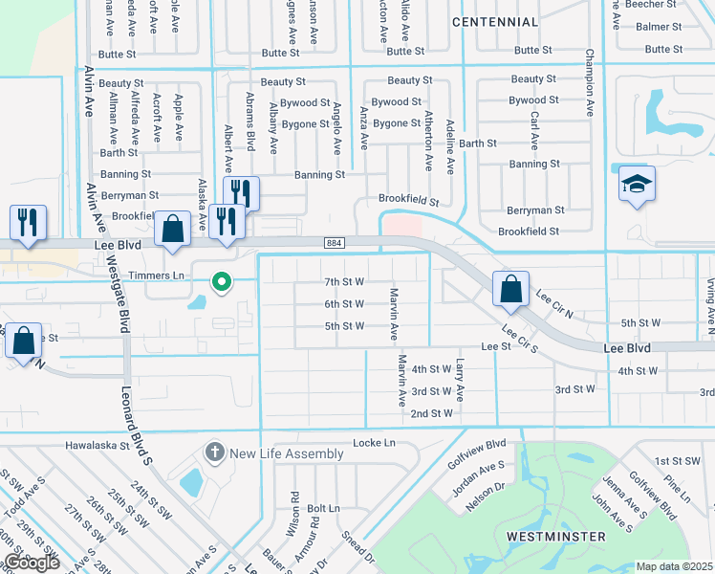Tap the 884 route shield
click(334, 243)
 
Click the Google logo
click(32, 563)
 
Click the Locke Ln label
click(374, 443)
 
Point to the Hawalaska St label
click(97, 446)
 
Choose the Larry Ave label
click(461, 380)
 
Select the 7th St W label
click(344, 282)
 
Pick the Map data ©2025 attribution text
click(675, 566)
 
